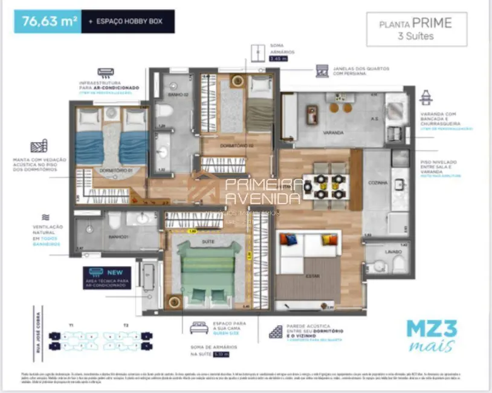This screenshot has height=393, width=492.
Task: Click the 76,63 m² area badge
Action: point(50,22)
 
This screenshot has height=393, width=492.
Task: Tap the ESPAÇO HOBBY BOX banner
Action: point(128,22)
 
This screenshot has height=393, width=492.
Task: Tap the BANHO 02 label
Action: point(166,96)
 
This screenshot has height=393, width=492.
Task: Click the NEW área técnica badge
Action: point(107,278)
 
